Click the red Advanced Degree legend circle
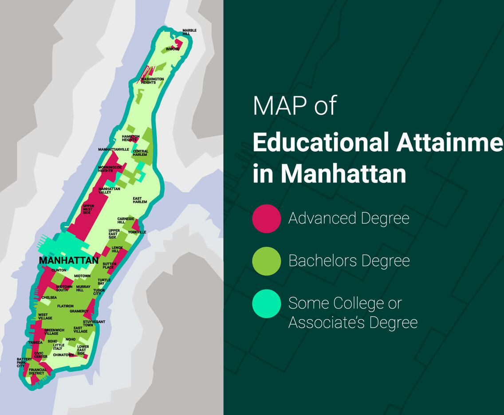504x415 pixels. (x=267, y=219)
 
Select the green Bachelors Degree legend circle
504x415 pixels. (x=267, y=261)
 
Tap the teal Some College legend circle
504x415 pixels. (x=267, y=304)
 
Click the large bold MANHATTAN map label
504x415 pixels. (x=69, y=260)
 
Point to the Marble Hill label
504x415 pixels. (x=189, y=32)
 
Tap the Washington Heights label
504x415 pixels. (x=152, y=81)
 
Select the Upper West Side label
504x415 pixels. (x=88, y=209)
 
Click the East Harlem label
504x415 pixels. (x=140, y=200)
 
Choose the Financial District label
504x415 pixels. (x=37, y=372)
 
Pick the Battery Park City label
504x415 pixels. (x=24, y=363)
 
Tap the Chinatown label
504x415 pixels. (x=63, y=355)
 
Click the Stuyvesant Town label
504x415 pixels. (x=94, y=323)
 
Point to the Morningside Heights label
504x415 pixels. (x=110, y=169)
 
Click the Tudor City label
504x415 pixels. (x=99, y=292)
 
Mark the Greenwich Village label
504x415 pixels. (x=54, y=332)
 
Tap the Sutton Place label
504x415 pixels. (x=109, y=266)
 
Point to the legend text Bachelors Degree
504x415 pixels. (x=349, y=261)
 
